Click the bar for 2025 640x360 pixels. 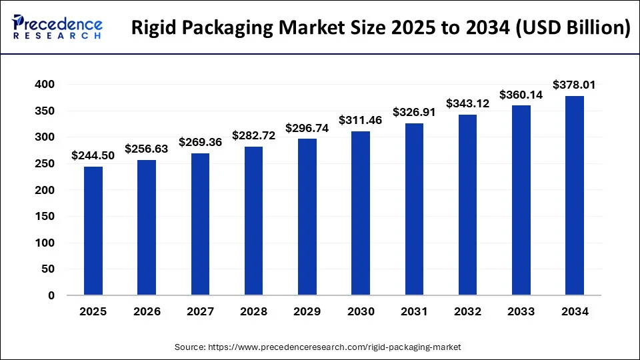[93, 230]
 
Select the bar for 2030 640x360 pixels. [361, 213]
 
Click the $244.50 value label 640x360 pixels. [93, 156]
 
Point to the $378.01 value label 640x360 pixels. [575, 85]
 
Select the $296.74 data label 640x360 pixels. [307, 127]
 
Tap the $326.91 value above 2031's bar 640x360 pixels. [414, 112]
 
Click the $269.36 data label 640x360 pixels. [200, 142]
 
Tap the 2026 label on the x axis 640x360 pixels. [147, 311]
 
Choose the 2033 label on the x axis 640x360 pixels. [521, 311]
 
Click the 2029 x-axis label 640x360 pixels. [307, 311]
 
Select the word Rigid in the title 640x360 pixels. [155, 28]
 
